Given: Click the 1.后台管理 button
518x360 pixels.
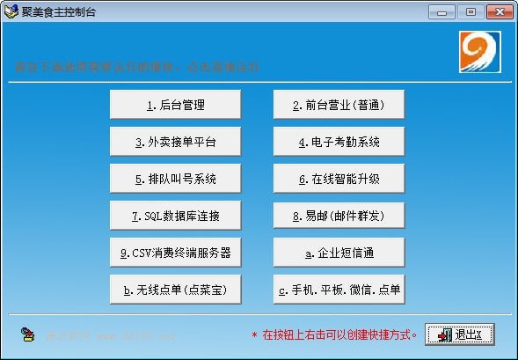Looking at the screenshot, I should click(175, 105).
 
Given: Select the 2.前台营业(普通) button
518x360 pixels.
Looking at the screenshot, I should click(339, 105).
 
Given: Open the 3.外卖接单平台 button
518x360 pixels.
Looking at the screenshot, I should click(175, 142).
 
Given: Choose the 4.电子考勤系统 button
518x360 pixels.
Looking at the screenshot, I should click(339, 142).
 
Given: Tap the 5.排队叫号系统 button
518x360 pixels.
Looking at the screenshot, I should click(175, 179).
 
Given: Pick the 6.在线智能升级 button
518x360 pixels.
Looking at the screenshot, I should click(339, 179).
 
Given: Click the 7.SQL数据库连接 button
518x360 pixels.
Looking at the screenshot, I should click(175, 216).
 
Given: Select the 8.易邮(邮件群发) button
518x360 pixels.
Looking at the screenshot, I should click(339, 216).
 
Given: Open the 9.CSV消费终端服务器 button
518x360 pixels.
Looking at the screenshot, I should click(175, 253).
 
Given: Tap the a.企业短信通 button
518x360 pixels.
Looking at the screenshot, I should click(339, 253).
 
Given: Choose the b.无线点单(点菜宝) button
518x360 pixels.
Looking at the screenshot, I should click(175, 290).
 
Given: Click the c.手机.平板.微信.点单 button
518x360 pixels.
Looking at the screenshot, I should click(339, 290).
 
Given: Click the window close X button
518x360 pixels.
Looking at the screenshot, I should click(499, 11).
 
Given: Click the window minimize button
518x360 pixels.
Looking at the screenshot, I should click(444, 11).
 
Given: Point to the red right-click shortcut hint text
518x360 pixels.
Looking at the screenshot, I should click(334, 334).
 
